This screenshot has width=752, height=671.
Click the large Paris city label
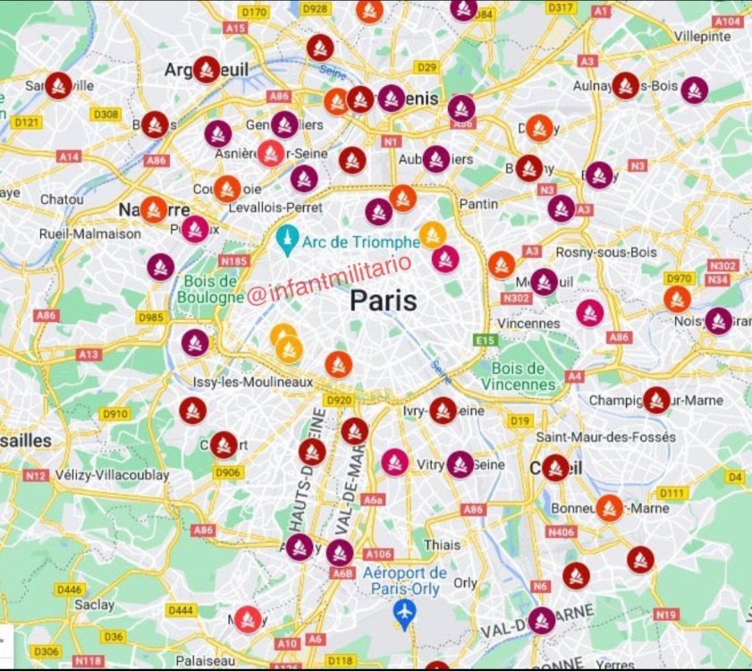pos(383,300)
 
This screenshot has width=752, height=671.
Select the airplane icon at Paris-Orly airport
pos(405,615)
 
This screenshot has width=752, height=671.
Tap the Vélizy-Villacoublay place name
pos(111,475)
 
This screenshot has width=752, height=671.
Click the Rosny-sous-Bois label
pos(605,252)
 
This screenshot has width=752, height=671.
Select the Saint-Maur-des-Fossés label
pos(605,437)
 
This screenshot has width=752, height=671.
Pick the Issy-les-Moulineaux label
pos(254,382)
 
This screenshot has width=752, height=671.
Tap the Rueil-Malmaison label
pos(90,234)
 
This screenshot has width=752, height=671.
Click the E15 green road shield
pos(486,340)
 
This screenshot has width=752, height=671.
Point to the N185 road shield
pos(233,261)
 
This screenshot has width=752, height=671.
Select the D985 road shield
pos(150,317)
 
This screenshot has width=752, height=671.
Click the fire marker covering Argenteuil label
pos(207,69)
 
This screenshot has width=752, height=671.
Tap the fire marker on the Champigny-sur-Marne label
pos(656,400)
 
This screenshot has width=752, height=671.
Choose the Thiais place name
pos(443,544)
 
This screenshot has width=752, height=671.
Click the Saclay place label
pos(95,605)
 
